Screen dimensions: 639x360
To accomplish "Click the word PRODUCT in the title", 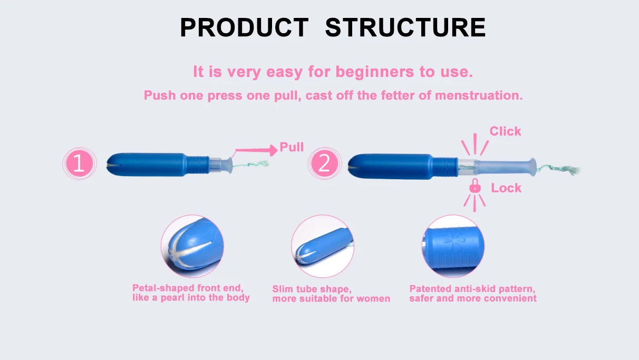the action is tap(245, 27).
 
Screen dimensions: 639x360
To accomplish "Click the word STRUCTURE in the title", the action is tap(405, 27).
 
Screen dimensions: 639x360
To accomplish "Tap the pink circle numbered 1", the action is tap(80, 163).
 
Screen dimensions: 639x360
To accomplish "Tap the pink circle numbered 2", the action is tap(324, 163).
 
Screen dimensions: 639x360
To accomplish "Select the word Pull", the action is tap(292, 147).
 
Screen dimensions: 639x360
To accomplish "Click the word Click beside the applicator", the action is tap(505, 131).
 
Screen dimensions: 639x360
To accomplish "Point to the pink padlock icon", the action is tap(475, 186).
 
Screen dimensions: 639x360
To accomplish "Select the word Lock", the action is tap(506, 188).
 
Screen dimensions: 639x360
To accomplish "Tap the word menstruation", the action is tap(479, 95).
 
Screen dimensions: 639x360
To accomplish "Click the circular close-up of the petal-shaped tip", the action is tap(192, 246).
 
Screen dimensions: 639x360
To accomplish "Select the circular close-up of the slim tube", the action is tap(323, 246).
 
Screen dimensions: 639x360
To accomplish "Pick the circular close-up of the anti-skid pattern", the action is tap(453, 246).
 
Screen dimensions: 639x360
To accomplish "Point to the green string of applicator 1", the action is tap(250, 164).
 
